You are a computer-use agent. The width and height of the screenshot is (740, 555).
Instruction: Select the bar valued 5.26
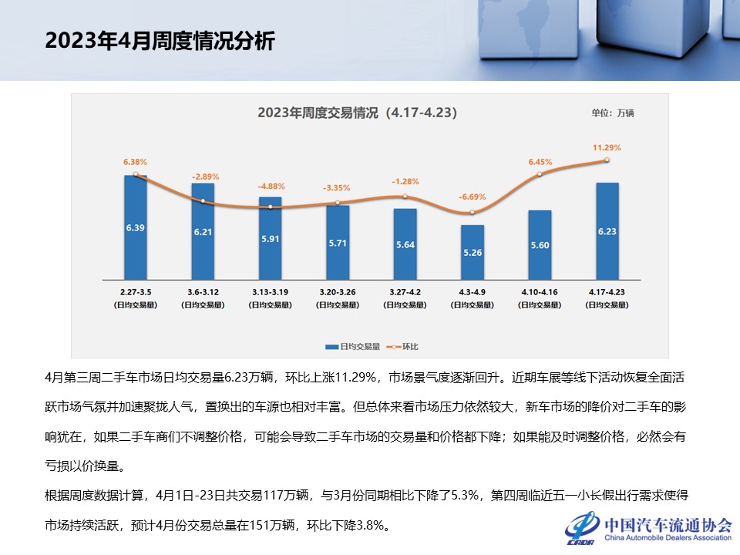point(473,252)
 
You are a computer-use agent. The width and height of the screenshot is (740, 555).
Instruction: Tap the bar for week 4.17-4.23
point(607,231)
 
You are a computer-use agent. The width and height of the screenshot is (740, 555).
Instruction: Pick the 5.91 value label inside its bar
point(271,239)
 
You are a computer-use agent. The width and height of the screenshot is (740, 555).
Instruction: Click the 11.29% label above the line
point(607,147)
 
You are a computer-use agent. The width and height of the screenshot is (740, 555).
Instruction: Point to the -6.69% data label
point(473,197)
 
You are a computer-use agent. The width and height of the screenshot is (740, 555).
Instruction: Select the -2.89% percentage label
point(203,177)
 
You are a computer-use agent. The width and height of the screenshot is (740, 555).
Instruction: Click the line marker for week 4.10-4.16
point(540,174)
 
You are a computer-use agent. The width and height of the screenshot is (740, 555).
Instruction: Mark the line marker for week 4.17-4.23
point(607,160)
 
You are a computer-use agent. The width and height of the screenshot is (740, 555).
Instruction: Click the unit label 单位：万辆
point(613,113)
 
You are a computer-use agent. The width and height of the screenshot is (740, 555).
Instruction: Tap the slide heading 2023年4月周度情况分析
point(160,41)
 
